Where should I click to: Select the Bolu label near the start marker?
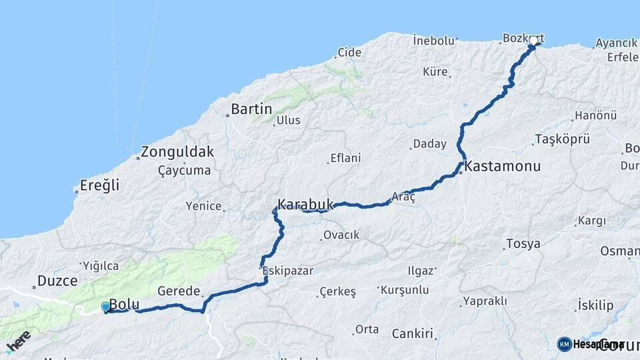[124, 304]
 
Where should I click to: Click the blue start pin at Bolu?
[106, 307]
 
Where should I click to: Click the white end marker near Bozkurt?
[533, 41]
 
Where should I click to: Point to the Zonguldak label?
[177, 151]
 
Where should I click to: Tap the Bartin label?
[251, 109]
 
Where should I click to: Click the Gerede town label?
[179, 291]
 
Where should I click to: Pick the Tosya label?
[523, 243]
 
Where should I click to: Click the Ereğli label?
[99, 185]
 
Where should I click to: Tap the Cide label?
[349, 52]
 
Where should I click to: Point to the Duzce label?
[57, 281]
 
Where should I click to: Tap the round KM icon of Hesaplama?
[564, 344]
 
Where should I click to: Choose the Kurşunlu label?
[405, 291]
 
